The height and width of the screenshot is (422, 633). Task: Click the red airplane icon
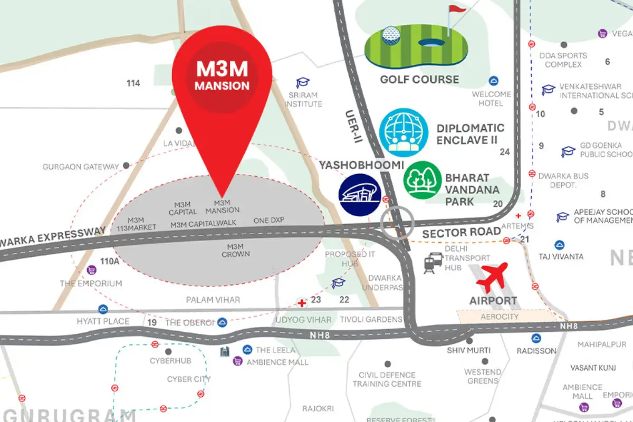[x=492, y=277]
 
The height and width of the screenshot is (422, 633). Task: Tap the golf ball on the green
[x=390, y=35]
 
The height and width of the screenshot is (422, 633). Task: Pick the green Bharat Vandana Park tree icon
[x=423, y=180]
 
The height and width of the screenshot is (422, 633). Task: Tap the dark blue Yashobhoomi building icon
[x=360, y=194]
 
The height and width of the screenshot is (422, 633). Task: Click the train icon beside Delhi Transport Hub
[x=433, y=262]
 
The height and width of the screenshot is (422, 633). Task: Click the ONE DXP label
[x=269, y=220]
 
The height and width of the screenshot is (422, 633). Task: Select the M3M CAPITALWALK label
[x=204, y=224]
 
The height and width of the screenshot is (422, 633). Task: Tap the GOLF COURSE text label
[x=420, y=80]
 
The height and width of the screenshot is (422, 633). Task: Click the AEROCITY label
[x=500, y=316]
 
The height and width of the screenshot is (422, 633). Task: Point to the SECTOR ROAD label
[x=461, y=233]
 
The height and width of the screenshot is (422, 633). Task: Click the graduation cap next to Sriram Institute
[x=303, y=83]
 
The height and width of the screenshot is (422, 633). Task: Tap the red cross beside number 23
[x=302, y=303]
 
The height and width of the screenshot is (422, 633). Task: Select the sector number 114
[x=133, y=83]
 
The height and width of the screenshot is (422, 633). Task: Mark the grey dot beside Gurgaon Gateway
[x=126, y=166]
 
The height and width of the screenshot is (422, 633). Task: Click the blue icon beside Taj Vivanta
[x=560, y=245]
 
